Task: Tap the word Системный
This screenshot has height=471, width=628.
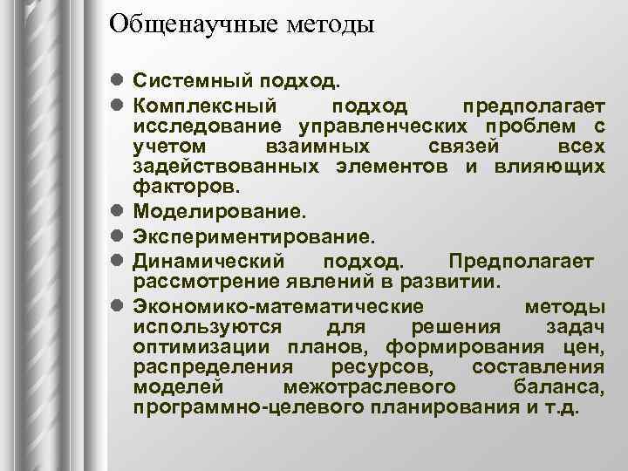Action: coord(191,82)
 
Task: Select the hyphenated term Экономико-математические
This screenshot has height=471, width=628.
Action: coord(279,306)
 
